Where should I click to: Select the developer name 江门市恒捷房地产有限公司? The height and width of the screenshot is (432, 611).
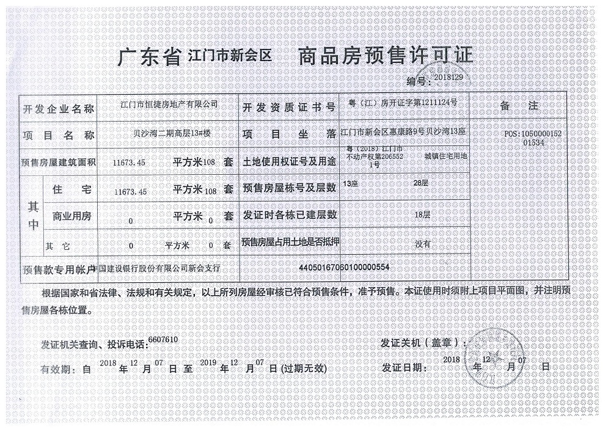tap(167, 105)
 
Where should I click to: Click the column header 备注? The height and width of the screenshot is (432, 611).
tap(519, 106)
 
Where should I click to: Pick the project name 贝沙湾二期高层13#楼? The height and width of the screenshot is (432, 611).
tap(167, 132)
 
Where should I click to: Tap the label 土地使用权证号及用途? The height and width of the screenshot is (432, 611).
tap(289, 161)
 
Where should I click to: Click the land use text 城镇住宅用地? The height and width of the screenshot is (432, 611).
tap(446, 156)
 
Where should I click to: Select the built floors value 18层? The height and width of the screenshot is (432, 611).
tap(422, 215)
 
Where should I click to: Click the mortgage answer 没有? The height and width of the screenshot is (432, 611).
tap(422, 243)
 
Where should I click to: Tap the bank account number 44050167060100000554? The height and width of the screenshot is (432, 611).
tap(344, 268)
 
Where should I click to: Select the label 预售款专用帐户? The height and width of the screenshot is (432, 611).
tap(59, 269)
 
